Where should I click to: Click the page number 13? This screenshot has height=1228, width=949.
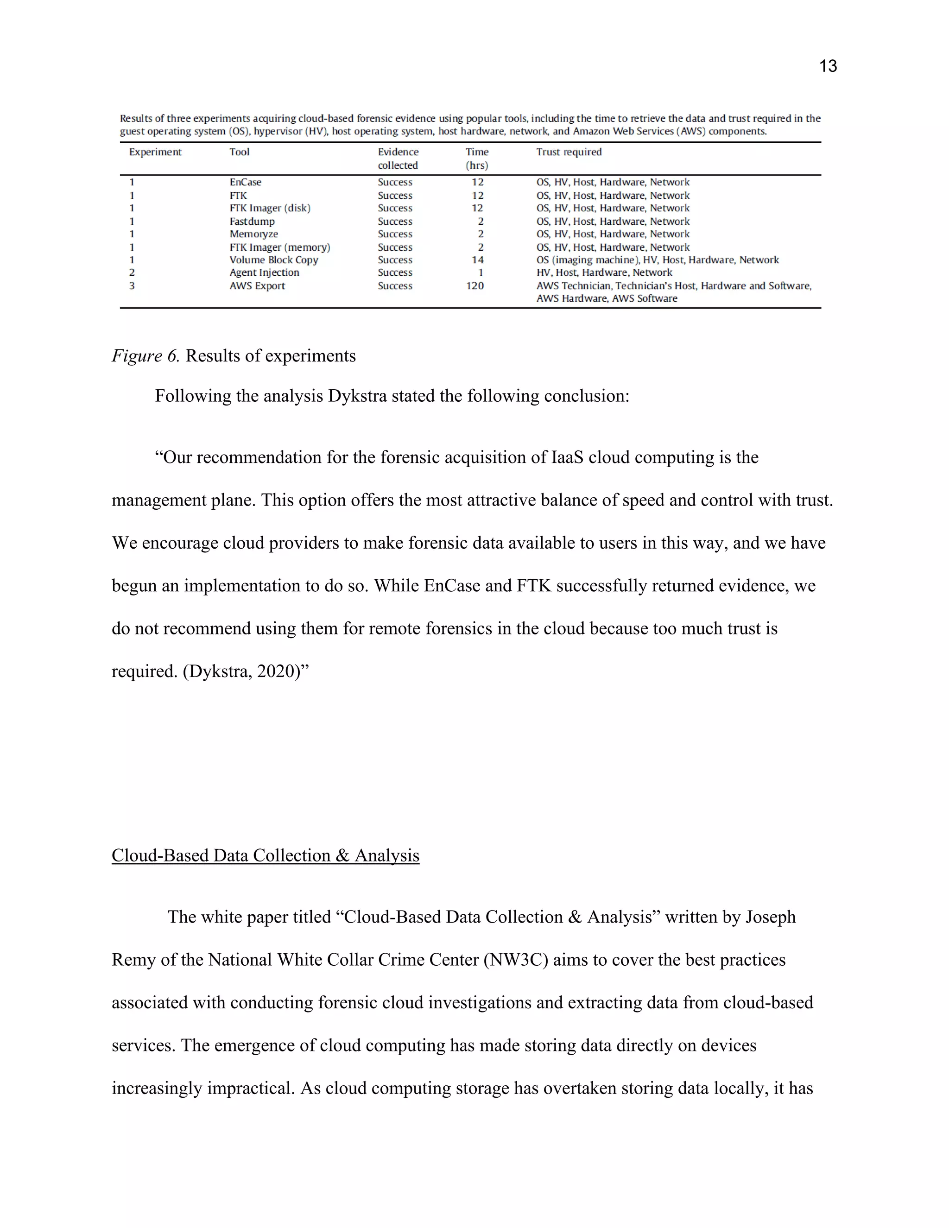[828, 66]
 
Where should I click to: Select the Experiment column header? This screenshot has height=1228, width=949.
[155, 152]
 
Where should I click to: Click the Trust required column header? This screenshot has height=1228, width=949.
[569, 152]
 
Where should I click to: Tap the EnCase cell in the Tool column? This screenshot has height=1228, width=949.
[245, 182]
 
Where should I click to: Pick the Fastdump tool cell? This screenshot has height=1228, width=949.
[252, 222]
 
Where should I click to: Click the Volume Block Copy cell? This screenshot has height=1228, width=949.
[274, 260]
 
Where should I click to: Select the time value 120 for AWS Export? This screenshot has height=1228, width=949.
[474, 285]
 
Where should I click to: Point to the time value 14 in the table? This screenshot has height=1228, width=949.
[477, 260]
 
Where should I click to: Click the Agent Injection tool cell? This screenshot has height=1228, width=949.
[264, 272]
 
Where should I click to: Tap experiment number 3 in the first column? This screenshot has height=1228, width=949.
[132, 285]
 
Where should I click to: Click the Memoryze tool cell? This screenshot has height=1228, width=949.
[253, 234]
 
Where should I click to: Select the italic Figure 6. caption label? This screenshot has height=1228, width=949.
[145, 356]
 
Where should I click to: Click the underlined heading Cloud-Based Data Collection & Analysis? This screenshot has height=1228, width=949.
[266, 855]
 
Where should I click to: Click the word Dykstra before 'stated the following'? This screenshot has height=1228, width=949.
[357, 396]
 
